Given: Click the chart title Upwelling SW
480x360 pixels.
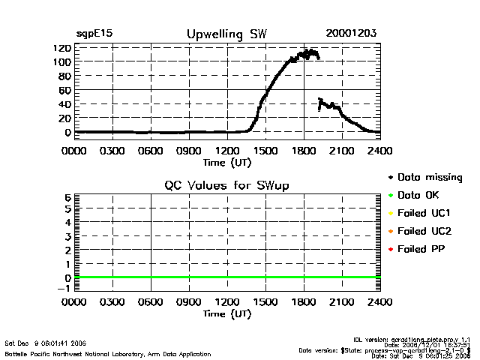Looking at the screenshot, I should click(226, 34).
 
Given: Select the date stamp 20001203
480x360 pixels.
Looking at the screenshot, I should click(351, 34).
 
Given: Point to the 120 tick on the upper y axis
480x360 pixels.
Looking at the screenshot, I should click(62, 48).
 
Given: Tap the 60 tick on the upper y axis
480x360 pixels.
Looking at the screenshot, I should click(64, 90).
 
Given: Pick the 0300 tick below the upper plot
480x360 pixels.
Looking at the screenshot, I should click(112, 150).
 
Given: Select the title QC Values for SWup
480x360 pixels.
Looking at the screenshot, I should click(227, 185).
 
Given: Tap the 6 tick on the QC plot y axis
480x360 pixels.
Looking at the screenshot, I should click(67, 197).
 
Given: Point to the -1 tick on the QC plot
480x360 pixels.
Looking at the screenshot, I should click(64, 287).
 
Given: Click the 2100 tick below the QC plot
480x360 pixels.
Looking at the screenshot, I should click(342, 303).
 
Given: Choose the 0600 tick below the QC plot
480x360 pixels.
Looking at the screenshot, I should click(151, 303).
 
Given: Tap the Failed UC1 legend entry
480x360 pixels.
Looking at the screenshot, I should click(425, 213).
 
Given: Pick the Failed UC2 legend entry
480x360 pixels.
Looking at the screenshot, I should click(425, 231).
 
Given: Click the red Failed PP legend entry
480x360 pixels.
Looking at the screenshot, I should click(423, 249).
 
